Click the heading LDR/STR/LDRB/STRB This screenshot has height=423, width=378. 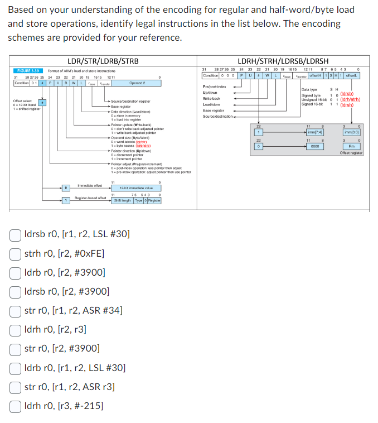click(102, 61)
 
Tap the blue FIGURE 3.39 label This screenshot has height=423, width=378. click(28, 71)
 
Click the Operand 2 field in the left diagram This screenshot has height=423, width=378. click(137, 83)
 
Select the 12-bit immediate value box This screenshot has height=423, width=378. click(136, 188)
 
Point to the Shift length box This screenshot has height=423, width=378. click(123, 200)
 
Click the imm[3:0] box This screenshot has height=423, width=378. click(351, 132)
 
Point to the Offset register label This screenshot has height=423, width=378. click(351, 153)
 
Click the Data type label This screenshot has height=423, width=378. click(309, 90)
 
